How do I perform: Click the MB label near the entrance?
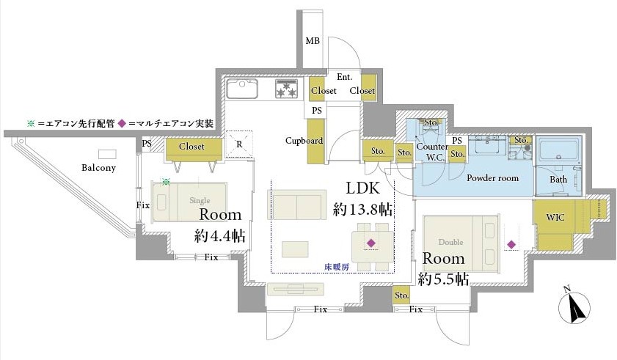coord(313,41)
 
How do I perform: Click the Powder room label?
coord(492,177)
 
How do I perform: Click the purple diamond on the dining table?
coord(371,243)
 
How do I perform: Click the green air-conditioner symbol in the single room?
coord(167,181)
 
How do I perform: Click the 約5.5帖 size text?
coord(444,279)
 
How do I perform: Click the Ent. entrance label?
coord(344,77)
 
